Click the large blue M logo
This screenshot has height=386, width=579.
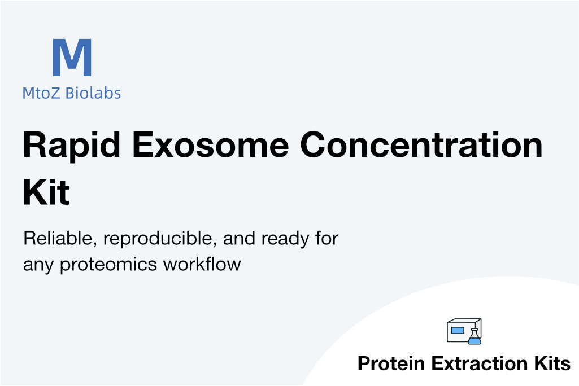click(72, 57)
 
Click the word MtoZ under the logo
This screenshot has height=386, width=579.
click(41, 93)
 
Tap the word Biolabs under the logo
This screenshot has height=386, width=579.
click(93, 93)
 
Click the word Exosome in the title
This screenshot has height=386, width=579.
click(210, 145)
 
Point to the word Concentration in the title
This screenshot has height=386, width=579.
click(421, 145)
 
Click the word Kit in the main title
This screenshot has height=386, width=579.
click(46, 192)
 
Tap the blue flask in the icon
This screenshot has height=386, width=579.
click(474, 337)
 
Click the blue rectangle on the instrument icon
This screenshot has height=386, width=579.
click(458, 330)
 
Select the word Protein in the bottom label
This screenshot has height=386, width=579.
click(391, 363)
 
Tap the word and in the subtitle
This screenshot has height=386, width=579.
click(240, 238)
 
